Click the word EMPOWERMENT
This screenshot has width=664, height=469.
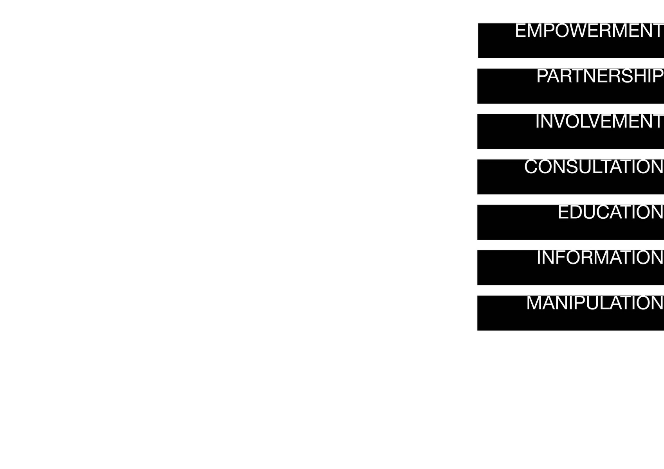click(x=589, y=31)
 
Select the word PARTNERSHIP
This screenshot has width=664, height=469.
click(x=600, y=76)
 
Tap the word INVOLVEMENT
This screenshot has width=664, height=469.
click(x=599, y=121)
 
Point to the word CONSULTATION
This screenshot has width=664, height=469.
click(x=594, y=167)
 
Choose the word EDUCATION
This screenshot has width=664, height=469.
click(x=611, y=212)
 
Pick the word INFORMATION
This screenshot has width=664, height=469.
click(x=600, y=258)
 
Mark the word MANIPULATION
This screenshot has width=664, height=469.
click(x=595, y=303)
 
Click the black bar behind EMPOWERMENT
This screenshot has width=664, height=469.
click(x=571, y=41)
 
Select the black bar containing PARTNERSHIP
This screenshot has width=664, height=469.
click(x=571, y=86)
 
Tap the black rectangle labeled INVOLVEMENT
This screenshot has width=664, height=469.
click(x=571, y=131)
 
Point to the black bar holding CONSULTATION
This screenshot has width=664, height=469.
click(x=571, y=177)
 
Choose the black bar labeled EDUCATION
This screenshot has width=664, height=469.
click(x=571, y=222)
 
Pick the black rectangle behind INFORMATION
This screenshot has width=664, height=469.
click(x=571, y=268)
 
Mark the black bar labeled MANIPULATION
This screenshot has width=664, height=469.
click(x=571, y=313)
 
